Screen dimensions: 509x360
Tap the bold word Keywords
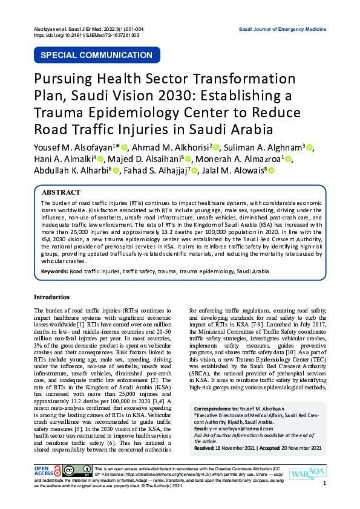[54, 271]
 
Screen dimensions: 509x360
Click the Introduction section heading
[51, 297]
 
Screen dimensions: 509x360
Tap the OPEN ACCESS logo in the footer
[47, 472]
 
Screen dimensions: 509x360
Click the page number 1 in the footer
[325, 483]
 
